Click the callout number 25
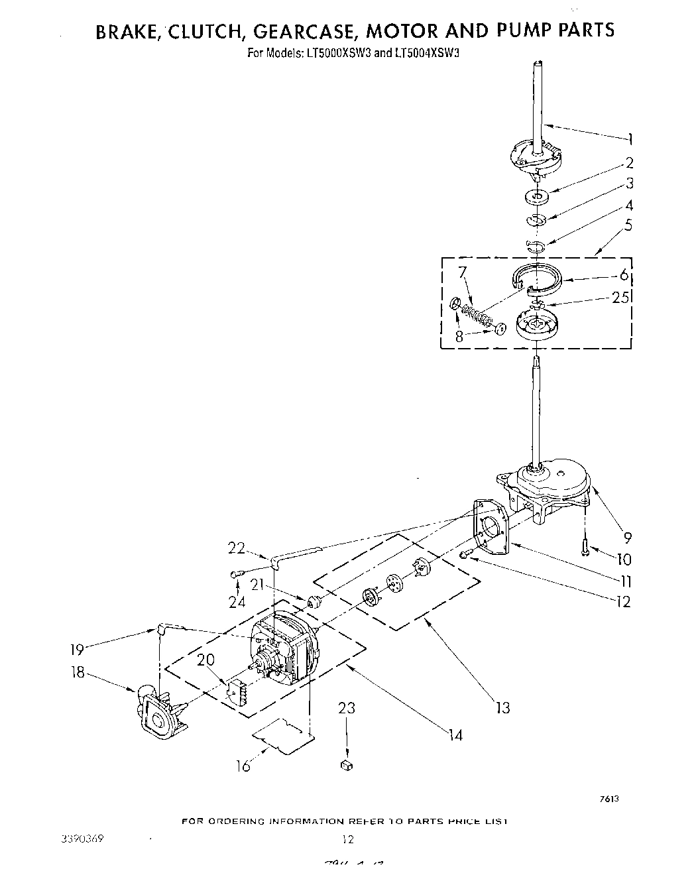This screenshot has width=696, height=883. click(x=621, y=298)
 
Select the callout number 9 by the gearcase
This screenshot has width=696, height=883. click(x=628, y=538)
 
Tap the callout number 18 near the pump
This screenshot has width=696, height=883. click(x=78, y=672)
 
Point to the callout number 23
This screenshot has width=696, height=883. click(x=347, y=709)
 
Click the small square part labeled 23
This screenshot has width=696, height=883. click(x=345, y=766)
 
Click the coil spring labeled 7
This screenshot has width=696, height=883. click(x=475, y=314)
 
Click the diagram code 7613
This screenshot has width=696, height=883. click(x=609, y=799)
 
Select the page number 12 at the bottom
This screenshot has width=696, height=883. click(x=347, y=839)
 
